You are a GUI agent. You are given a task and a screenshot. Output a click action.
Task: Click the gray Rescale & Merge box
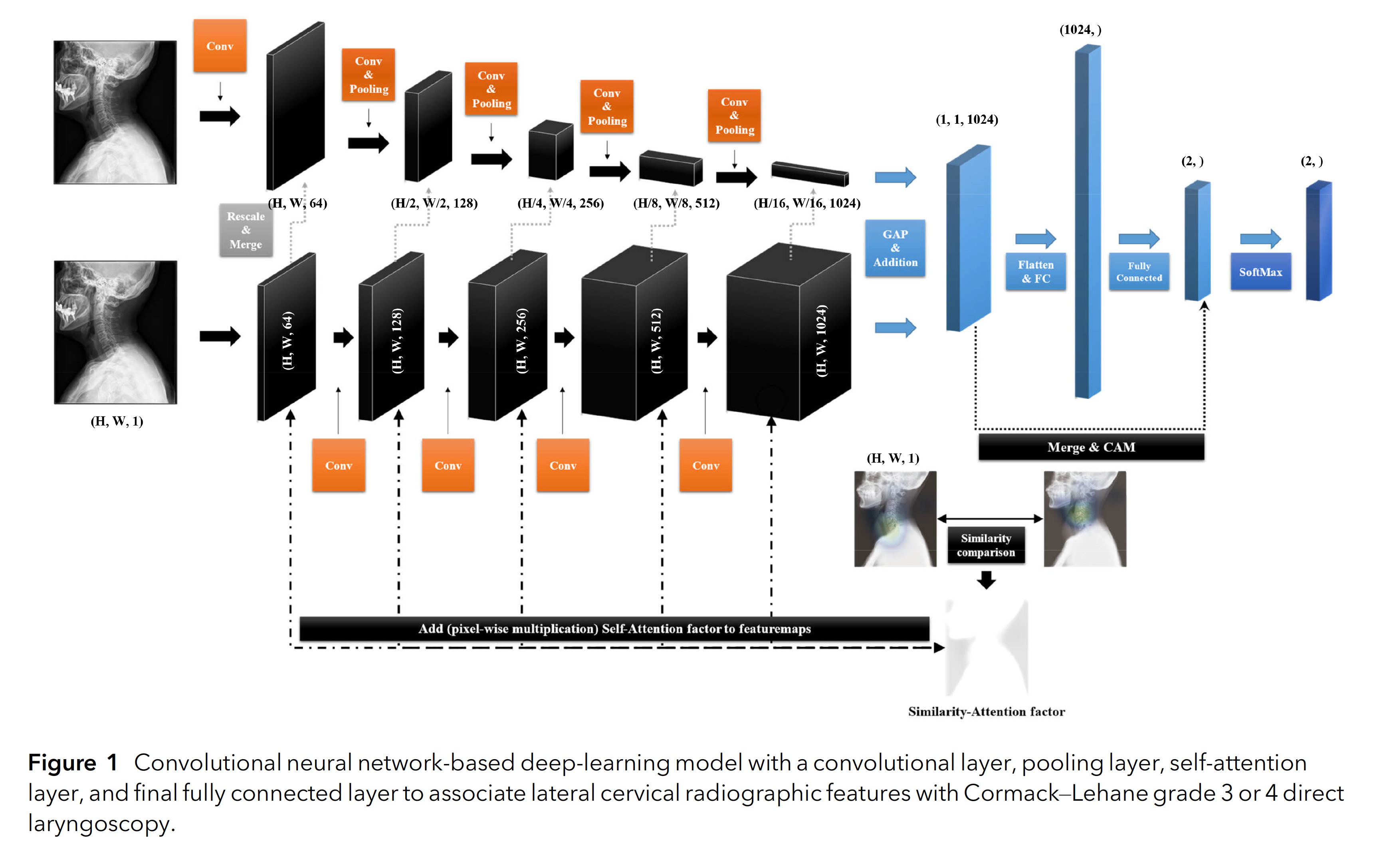point(246,230)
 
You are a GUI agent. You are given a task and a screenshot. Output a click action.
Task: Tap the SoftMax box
point(1260,272)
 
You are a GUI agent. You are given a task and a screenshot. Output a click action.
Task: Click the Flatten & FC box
point(1035,272)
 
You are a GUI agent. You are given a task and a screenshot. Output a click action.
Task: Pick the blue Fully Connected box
point(1139,272)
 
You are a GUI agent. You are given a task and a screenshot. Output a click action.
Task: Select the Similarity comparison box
point(985,546)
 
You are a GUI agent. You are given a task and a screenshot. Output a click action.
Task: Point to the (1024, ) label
point(1080,30)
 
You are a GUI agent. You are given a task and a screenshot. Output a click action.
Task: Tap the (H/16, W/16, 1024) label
point(806,203)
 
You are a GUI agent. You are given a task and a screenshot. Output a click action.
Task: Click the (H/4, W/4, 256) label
point(560,203)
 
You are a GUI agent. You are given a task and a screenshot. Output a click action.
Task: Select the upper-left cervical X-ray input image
point(115,112)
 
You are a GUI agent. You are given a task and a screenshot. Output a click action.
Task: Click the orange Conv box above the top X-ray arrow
point(220,46)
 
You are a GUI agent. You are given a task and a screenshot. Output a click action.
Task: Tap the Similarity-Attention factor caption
point(986,711)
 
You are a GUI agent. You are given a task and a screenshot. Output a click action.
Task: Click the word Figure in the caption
point(62,763)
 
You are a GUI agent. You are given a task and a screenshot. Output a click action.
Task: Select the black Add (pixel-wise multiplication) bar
point(614,629)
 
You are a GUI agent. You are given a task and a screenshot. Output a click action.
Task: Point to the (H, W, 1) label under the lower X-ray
point(117,421)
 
